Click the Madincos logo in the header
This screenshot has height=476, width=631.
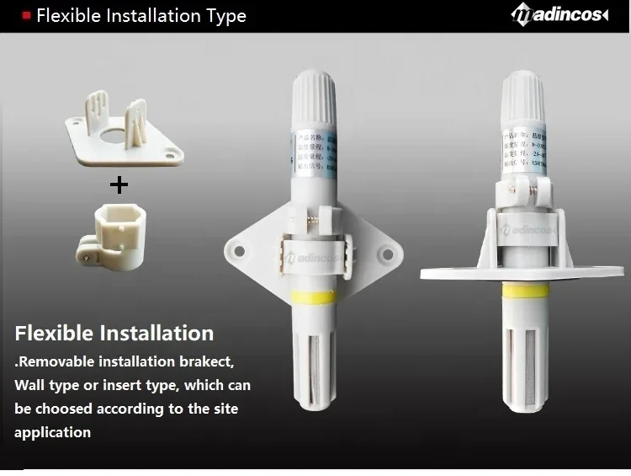pos(559,15)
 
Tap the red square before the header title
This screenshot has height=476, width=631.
pos(26,15)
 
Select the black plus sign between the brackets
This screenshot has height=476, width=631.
pos(119,184)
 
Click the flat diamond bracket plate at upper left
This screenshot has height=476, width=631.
pos(121,138)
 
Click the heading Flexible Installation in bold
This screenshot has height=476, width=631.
pos(114,333)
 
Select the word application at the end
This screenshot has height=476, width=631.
pos(52,432)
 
